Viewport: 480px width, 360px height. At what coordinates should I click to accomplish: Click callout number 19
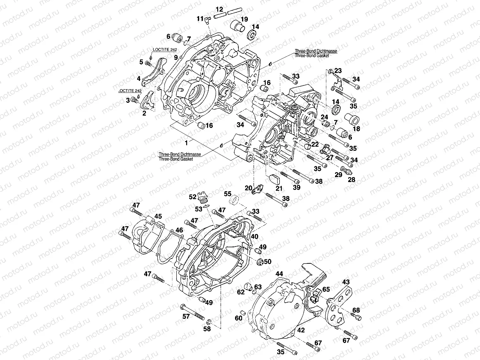coord(244,19)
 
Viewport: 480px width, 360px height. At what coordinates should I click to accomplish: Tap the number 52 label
coord(192,197)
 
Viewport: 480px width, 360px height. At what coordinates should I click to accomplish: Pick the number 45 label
coord(158,216)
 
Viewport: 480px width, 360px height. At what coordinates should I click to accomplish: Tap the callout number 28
coord(352,180)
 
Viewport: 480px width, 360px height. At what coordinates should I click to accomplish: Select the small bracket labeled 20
coord(258,189)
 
